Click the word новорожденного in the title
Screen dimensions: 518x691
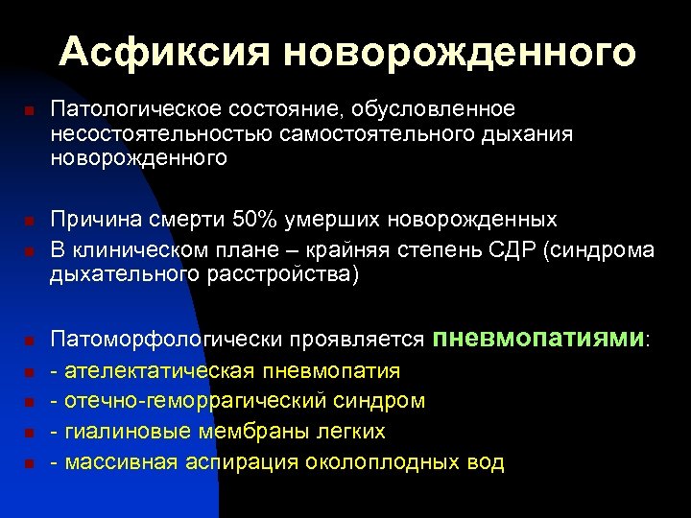point(458,52)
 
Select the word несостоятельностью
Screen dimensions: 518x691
point(162,134)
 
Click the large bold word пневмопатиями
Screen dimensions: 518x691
point(539,338)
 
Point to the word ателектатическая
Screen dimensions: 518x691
point(157,370)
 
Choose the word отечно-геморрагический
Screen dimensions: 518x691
point(201,401)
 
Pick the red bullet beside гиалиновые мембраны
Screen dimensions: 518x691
point(30,433)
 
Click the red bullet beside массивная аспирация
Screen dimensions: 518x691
point(30,463)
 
